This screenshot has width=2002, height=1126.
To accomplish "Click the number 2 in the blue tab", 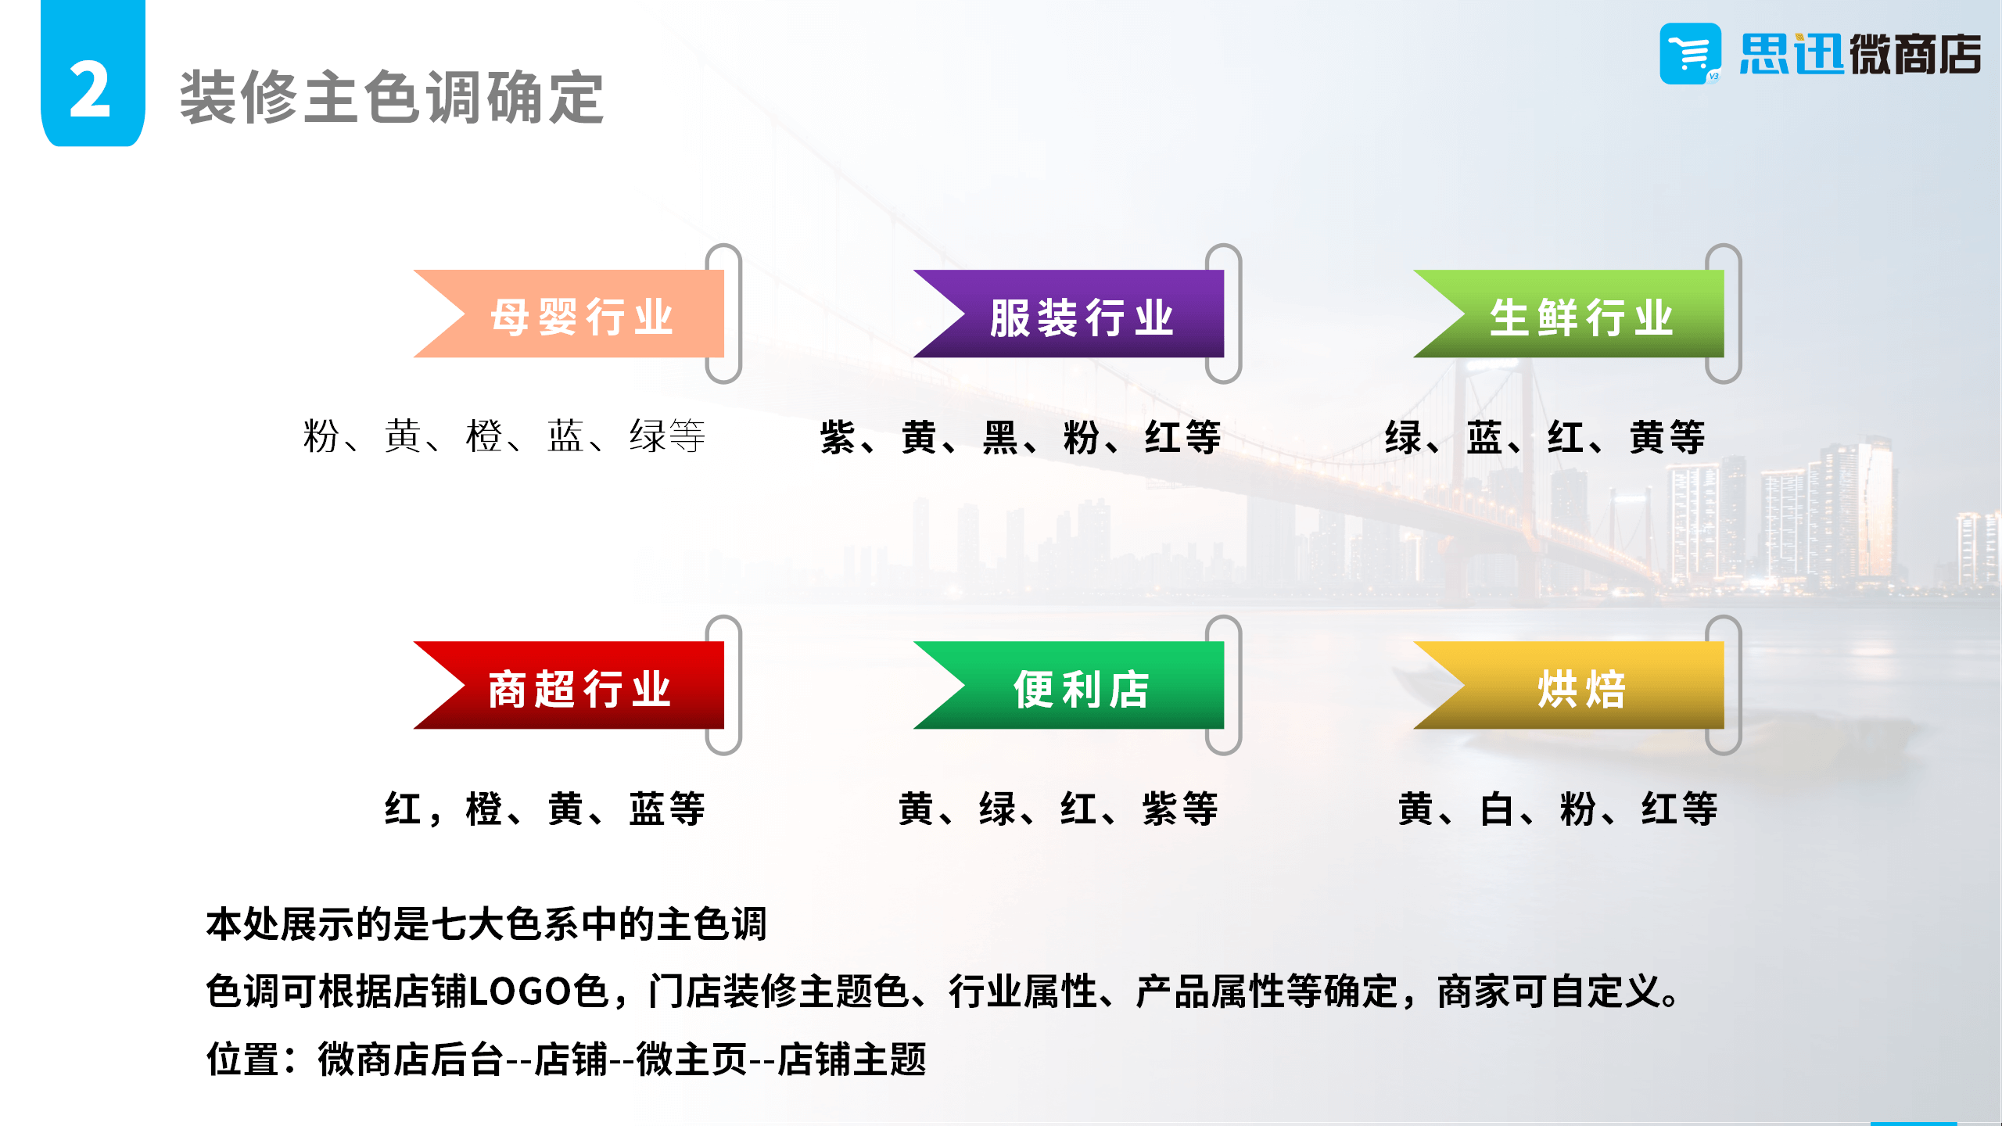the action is [x=90, y=90].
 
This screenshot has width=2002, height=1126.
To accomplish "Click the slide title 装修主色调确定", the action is [x=392, y=97].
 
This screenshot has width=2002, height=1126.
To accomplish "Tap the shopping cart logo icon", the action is [x=1690, y=53].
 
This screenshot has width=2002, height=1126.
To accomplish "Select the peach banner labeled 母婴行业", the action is [x=569, y=314].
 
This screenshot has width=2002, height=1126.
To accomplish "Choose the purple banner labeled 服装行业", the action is [x=1068, y=314].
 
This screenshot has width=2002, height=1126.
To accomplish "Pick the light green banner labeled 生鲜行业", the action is [x=1568, y=314].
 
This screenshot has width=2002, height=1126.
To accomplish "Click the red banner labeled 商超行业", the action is [x=569, y=685].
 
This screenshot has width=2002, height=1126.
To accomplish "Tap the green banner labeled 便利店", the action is [x=1068, y=685].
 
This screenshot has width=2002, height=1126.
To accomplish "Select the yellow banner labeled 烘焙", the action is [x=1568, y=685].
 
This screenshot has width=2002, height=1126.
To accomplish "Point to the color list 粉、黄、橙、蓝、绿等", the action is [x=504, y=436].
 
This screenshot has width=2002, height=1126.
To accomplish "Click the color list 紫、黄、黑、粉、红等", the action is [x=1021, y=436].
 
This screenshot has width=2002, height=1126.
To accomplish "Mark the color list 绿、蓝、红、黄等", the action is [x=1545, y=436].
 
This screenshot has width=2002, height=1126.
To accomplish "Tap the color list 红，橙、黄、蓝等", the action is [x=545, y=808].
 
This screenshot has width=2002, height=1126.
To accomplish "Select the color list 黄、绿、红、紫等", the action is [x=1059, y=808].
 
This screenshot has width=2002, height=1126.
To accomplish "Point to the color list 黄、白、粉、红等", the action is [x=1559, y=808].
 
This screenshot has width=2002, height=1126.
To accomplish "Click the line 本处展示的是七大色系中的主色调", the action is [x=486, y=923].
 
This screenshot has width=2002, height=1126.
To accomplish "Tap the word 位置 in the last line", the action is [x=243, y=1060].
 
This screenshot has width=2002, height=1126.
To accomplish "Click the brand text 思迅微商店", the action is [x=1860, y=54].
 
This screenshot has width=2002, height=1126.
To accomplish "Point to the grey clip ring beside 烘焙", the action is [x=1724, y=685].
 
